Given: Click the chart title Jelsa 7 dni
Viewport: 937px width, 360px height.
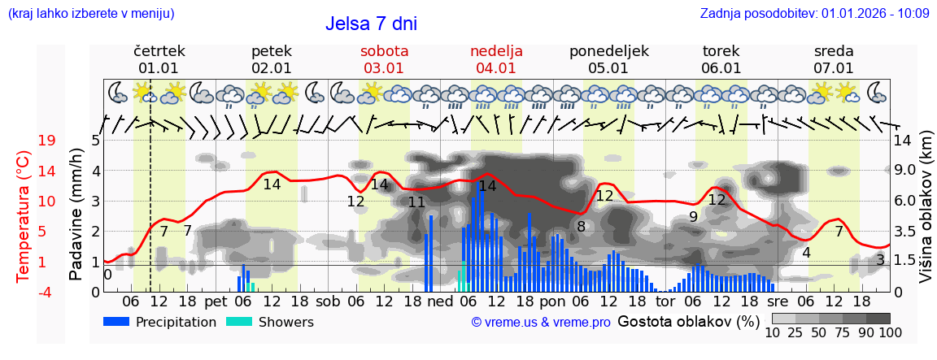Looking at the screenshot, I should point(371,23).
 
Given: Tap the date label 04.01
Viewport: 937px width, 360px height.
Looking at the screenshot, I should point(496,68).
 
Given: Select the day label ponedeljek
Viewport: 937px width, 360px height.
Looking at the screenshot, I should point(608,51).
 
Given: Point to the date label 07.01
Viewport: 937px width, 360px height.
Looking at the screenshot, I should point(833,68).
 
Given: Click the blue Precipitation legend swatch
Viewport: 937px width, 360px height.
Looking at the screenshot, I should point(117,322).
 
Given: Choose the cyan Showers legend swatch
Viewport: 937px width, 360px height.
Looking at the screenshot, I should point(239,322).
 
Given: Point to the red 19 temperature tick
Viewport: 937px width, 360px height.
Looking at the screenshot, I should point(46,141).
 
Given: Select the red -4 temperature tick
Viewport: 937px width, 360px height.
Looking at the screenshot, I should point(46,292).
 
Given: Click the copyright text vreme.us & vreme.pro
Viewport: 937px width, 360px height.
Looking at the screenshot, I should point(541,322).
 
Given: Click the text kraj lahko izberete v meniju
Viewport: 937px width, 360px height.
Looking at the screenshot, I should point(90,13).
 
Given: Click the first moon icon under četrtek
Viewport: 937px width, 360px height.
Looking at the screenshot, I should point(119,92).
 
